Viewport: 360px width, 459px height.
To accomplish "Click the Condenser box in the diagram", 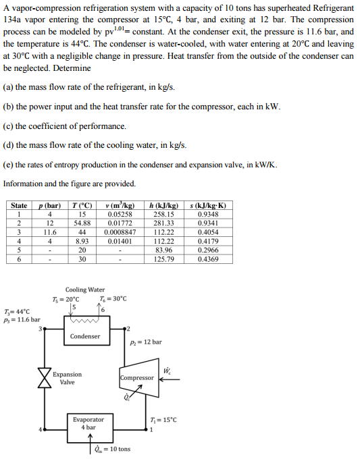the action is pos(85,335).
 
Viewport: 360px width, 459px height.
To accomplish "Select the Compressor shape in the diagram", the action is pos(137,378).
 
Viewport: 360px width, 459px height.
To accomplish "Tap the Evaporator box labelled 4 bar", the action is pos(88,423).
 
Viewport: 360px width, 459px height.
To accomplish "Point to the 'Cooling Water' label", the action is pos(85,289).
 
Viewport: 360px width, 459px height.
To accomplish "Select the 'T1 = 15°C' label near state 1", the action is pos(163,420).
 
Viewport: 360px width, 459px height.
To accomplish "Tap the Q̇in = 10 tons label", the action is pos(113,450).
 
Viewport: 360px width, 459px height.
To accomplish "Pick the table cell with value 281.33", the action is pos(163,223).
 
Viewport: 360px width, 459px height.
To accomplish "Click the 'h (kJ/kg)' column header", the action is pos(163,205).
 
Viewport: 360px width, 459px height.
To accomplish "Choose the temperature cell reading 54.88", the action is pos(84,223).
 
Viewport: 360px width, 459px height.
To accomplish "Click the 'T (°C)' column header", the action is pos(84,205).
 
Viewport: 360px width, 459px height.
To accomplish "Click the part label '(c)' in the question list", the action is pos(9,126).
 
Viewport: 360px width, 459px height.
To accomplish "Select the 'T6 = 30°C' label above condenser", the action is pos(112,299).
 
